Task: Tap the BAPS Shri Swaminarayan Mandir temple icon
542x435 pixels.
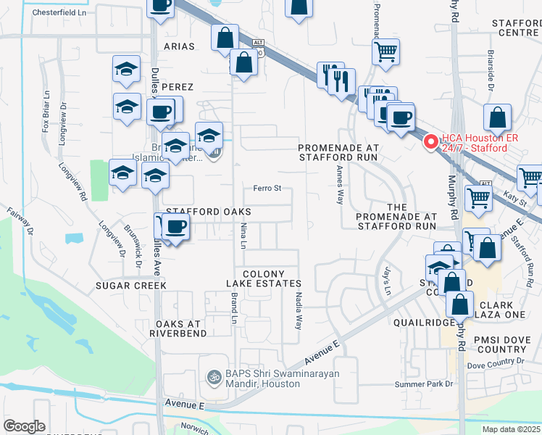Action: pos(214,377)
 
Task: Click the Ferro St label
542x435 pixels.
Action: pos(267,188)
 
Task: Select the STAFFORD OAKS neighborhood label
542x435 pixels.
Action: pos(209,212)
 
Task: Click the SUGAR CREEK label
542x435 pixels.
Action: pos(131,286)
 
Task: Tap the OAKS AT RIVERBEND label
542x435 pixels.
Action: pos(178,328)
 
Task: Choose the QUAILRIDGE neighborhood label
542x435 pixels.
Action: pos(422,321)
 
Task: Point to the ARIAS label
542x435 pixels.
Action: pos(180,46)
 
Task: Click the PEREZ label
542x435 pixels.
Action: pos(178,87)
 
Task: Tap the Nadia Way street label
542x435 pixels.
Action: pos(298,310)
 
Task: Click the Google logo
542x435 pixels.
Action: pos(24,426)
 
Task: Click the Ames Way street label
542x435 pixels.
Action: pos(340,185)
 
